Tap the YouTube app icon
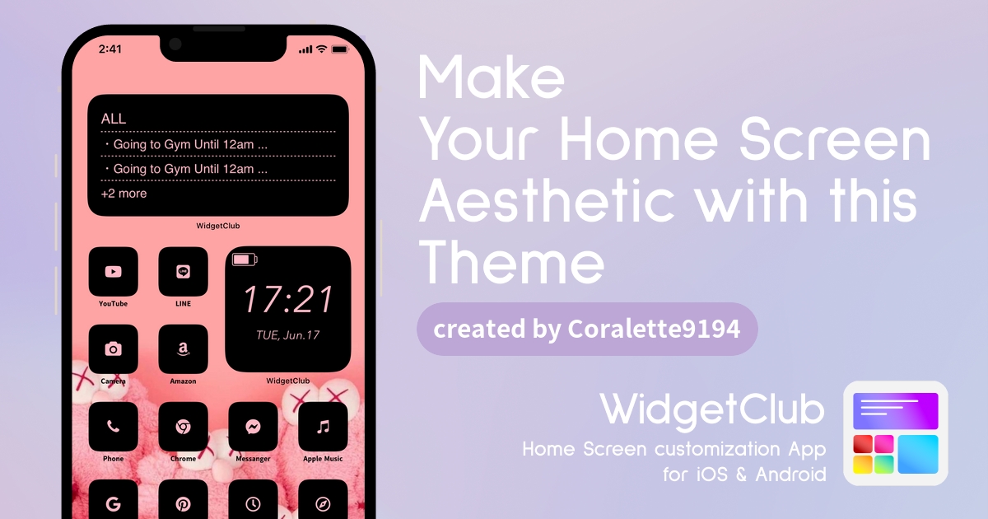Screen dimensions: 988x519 [x=114, y=271]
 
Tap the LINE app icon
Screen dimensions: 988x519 [x=183, y=271]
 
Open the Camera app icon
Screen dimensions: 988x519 [x=114, y=349]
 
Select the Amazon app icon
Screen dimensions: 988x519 [x=183, y=349]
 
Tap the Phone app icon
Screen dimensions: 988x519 [x=114, y=427]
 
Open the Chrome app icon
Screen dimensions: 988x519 [x=183, y=427]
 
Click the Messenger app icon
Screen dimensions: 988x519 [x=254, y=427]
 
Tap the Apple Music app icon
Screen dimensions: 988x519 [x=323, y=427]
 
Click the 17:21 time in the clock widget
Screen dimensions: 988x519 [x=288, y=299]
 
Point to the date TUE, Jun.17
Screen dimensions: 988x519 [x=288, y=335]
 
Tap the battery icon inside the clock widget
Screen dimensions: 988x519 [x=245, y=259]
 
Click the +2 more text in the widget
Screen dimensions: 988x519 [x=124, y=194]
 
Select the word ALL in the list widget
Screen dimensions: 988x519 [x=114, y=119]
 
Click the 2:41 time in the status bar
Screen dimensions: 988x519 [x=110, y=49]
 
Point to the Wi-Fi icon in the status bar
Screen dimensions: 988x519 [x=322, y=49]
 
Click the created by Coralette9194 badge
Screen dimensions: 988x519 [x=587, y=329]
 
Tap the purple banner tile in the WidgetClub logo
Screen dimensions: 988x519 [x=896, y=411]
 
